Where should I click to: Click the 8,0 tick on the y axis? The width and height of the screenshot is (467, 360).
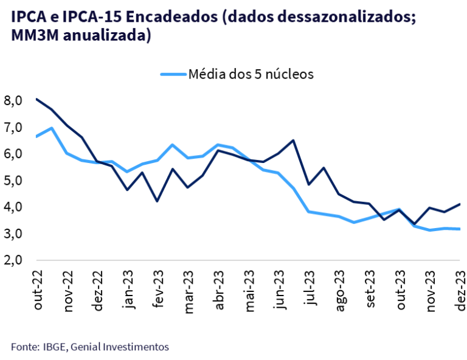[x=13, y=100]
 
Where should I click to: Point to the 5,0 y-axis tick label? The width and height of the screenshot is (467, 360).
[x=13, y=181]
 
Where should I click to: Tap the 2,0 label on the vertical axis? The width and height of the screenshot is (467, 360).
[x=13, y=260]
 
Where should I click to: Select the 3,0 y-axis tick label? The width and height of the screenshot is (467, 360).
[x=13, y=234]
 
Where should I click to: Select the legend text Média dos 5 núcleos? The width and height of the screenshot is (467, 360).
[x=251, y=74]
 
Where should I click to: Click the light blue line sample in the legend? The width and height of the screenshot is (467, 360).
[x=173, y=74]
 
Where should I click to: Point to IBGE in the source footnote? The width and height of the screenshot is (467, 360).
[x=54, y=347]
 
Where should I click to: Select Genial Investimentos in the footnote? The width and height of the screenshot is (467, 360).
[x=119, y=347]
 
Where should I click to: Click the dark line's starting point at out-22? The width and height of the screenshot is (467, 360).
[x=37, y=99]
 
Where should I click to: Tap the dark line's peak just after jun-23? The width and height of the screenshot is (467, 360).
[x=294, y=140]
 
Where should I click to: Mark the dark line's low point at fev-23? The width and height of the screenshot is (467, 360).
[x=157, y=201]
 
